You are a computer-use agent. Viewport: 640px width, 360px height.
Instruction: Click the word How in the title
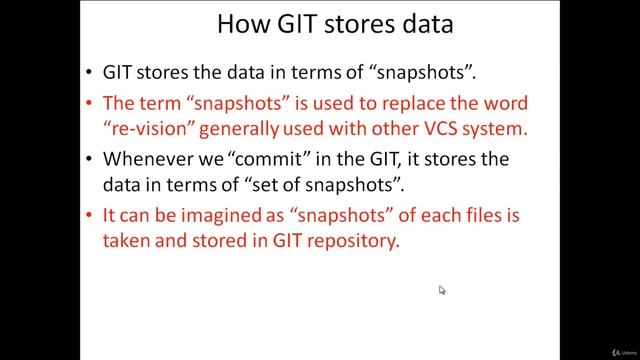click(x=242, y=24)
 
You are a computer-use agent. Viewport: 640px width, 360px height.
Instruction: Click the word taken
click(x=127, y=241)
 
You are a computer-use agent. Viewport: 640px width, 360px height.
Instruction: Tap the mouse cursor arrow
click(x=441, y=289)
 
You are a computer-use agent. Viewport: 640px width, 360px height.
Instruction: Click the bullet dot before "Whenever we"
click(x=91, y=159)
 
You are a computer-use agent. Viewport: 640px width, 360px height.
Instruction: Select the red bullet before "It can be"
click(x=91, y=215)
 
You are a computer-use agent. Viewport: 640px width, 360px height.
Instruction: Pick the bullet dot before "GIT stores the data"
click(x=91, y=74)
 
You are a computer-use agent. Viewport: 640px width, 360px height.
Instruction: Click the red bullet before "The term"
click(x=91, y=104)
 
